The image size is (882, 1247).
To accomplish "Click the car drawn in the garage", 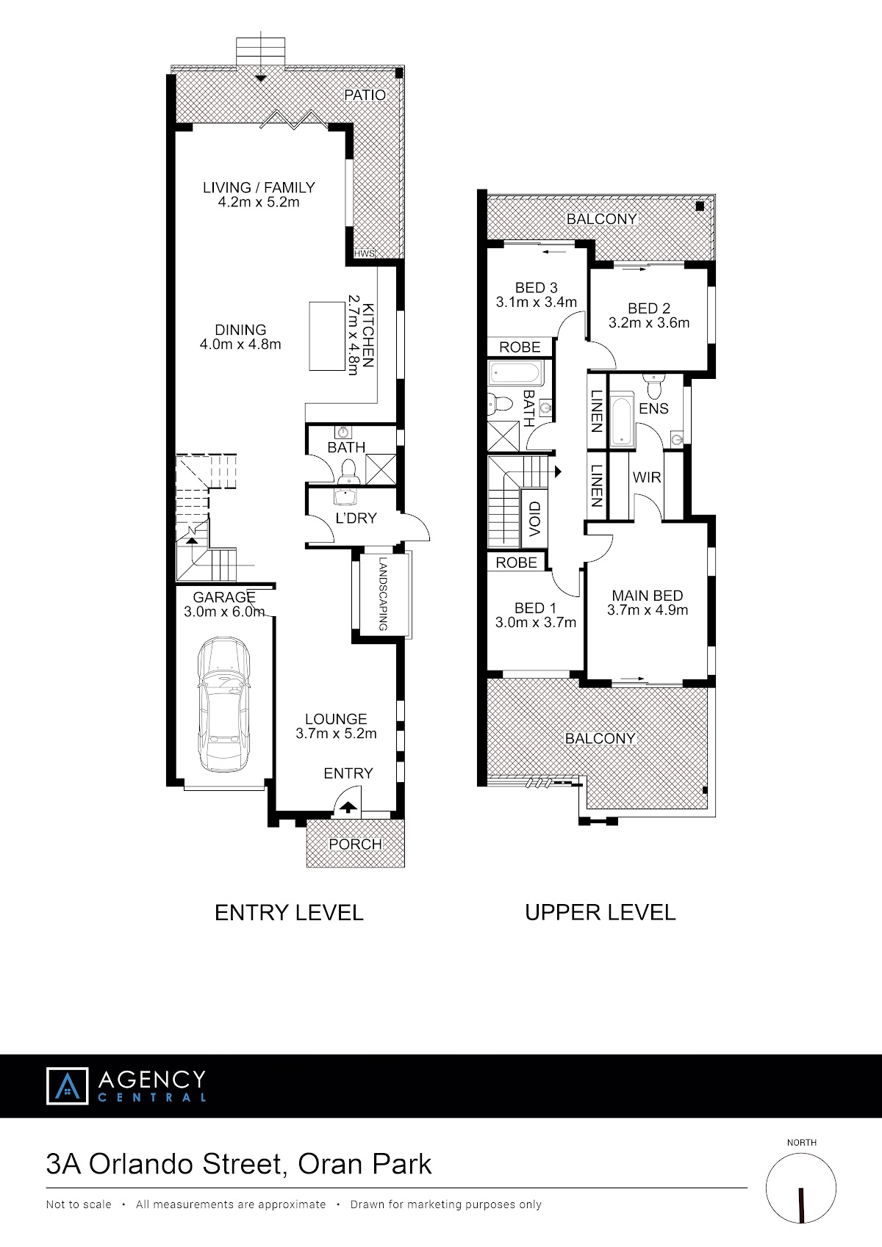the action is [223, 704].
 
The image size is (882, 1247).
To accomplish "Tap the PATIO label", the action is [365, 95].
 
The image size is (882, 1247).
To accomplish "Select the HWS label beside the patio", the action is [365, 254].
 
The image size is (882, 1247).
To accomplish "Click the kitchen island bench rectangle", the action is [327, 336].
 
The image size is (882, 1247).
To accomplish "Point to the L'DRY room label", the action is [356, 518].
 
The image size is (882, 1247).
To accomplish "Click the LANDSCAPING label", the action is [383, 594].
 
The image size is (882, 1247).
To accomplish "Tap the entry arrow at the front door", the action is [348, 806].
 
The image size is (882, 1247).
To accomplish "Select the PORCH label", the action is [355, 845].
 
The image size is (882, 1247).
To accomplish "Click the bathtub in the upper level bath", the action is [514, 373].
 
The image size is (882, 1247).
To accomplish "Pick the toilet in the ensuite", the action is [653, 384].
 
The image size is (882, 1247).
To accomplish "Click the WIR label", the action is [647, 477].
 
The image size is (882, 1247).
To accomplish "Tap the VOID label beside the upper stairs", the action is [534, 518].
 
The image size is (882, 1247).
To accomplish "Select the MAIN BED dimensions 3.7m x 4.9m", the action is [648, 610].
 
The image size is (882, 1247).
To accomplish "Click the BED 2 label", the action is [649, 308].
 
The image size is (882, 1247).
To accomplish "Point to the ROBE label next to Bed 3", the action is [520, 347].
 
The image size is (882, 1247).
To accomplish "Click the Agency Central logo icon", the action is [67, 1086].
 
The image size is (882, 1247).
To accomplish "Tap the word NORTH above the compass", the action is [802, 1142].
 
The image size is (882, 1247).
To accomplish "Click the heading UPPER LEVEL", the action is [600, 913].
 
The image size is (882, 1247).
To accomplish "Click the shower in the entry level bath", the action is [381, 469].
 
